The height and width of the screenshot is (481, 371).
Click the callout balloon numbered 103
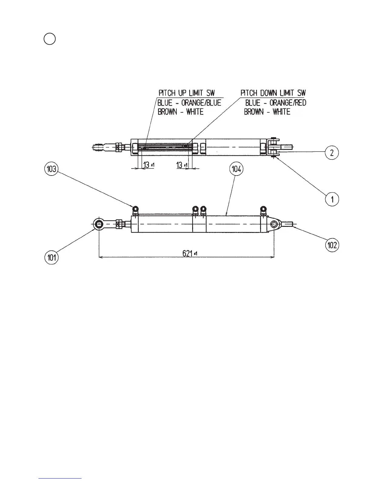click(x=52, y=169)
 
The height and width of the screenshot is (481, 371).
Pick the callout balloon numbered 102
click(x=332, y=245)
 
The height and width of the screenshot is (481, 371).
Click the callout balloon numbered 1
click(x=332, y=200)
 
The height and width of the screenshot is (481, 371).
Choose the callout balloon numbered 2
click(x=332, y=153)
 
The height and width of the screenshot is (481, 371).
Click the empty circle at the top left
click(x=49, y=39)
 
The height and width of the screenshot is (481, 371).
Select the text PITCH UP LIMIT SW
click(x=186, y=93)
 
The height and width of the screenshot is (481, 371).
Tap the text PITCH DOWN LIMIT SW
click(x=273, y=93)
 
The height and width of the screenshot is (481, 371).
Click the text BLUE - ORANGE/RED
click(x=276, y=103)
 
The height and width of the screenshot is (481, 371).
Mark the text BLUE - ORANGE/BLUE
click(x=189, y=103)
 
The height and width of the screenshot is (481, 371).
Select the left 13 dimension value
click(x=147, y=165)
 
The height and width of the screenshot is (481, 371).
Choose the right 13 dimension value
click(x=180, y=165)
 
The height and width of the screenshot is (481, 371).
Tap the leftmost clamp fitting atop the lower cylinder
click(x=135, y=209)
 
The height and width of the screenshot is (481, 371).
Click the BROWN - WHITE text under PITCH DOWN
click(x=267, y=112)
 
